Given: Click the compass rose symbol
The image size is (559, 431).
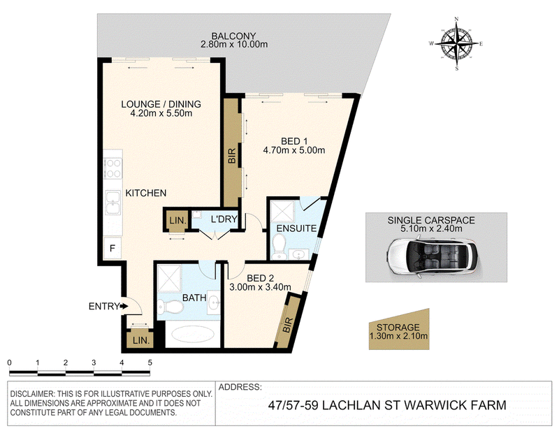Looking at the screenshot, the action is (x=457, y=43).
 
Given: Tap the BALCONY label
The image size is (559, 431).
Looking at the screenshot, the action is (x=233, y=36).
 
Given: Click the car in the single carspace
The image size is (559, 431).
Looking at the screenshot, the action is (x=433, y=256).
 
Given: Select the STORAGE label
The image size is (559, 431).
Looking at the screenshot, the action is (x=398, y=327).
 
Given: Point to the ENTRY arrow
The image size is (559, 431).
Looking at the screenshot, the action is (x=124, y=306).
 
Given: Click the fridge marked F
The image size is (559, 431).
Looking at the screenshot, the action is (x=112, y=248).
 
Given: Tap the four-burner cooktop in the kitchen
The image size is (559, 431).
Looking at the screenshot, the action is (x=112, y=168).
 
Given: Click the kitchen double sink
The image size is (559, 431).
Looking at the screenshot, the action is (x=112, y=203).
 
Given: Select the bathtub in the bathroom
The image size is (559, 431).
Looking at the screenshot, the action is (x=193, y=335).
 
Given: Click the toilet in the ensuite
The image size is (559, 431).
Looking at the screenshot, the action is (x=277, y=247).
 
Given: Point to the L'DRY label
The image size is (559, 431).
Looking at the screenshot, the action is (x=224, y=219).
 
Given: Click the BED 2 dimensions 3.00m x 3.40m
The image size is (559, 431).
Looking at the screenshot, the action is (x=260, y=286).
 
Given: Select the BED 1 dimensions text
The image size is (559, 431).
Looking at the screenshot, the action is (x=294, y=150).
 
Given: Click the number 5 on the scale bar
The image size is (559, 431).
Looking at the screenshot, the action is (x=150, y=363).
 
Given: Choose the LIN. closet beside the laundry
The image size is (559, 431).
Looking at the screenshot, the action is (x=177, y=220).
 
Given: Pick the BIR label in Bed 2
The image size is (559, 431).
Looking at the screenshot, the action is (x=288, y=325).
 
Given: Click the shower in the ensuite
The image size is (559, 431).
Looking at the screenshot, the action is (x=282, y=212).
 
